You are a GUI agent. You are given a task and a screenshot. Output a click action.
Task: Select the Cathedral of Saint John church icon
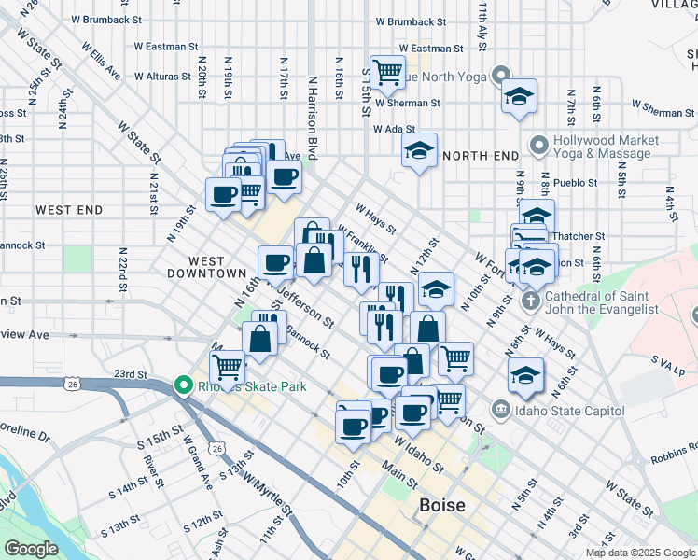click(531, 301)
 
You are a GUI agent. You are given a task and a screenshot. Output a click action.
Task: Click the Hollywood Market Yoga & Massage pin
click(538, 146)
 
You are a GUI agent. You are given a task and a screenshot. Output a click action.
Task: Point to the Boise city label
click(442, 506)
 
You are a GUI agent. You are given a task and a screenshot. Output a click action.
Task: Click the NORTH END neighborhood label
click(480, 155)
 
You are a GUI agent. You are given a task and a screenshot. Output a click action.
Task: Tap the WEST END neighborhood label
click(69, 211)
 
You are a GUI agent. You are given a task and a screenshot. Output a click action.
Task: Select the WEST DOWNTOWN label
click(206, 268)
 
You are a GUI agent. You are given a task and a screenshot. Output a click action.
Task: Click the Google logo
click(31, 549)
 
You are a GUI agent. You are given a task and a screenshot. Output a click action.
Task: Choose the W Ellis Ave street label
click(101, 58)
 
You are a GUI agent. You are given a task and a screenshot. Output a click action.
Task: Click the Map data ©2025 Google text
click(639, 553)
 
